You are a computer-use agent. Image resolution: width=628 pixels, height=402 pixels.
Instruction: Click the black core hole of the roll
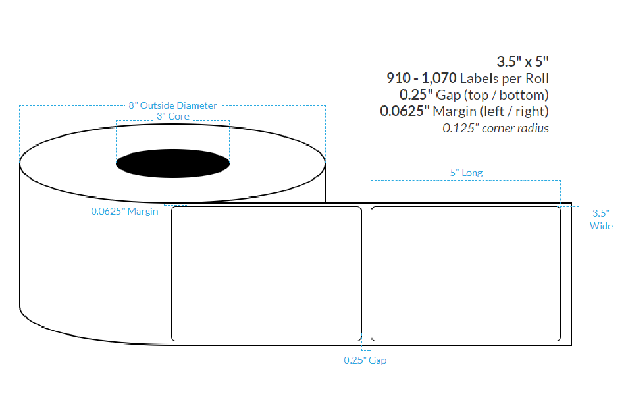[173, 163]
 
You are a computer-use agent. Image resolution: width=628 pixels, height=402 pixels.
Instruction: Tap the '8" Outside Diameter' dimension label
[172, 105]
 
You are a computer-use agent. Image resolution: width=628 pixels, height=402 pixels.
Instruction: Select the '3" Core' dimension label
[172, 117]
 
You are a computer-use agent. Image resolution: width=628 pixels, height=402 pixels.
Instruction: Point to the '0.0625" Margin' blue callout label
[124, 212]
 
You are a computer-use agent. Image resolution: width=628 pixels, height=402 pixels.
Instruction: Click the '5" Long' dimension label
[466, 173]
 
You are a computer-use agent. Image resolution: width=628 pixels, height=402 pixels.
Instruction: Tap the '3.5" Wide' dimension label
[601, 219]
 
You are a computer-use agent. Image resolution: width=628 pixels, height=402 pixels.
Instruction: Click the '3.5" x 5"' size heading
[523, 62]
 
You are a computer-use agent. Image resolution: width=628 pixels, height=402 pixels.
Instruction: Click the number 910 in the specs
[398, 78]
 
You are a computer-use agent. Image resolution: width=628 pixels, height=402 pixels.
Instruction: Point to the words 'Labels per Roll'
[504, 78]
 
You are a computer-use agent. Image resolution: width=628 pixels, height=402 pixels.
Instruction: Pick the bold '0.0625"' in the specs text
[405, 111]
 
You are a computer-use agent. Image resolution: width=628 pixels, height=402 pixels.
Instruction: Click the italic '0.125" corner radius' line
[495, 128]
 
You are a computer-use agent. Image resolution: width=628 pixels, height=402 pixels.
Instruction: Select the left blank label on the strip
[266, 273]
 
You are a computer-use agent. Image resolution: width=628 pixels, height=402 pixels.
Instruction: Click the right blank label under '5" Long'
[465, 273]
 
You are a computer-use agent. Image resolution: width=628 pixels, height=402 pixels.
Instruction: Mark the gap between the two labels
[366, 273]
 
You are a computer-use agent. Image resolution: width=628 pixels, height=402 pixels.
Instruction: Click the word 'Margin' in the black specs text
[454, 111]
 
